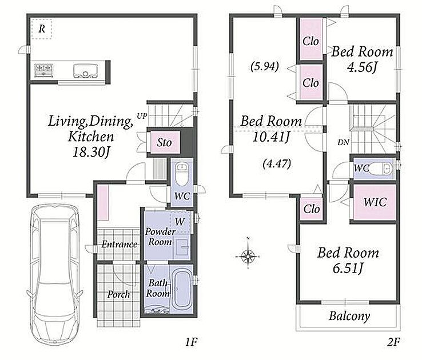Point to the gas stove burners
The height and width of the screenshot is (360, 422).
43,69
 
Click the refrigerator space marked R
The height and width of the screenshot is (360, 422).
41,29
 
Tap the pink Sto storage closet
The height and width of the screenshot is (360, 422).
165,142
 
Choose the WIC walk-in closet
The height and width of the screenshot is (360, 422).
375,202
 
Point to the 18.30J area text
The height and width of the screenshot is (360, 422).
91,153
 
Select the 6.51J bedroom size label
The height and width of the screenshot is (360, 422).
348,268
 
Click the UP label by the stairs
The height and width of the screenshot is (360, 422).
142,116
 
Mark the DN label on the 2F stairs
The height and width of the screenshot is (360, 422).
343,142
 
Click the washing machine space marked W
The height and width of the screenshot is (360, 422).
180,222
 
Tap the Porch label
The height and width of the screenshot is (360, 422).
118,295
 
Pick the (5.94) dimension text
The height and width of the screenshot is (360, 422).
264,66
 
